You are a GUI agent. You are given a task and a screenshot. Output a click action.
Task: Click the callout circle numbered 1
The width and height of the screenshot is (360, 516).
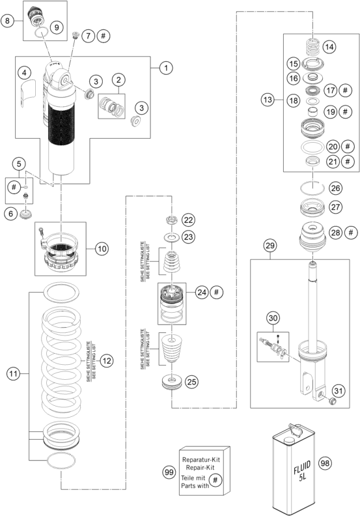[166, 68]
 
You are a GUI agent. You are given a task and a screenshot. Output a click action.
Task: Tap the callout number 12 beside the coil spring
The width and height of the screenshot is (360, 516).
[107, 361]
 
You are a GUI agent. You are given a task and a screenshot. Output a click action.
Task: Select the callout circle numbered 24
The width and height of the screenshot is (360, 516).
[202, 293]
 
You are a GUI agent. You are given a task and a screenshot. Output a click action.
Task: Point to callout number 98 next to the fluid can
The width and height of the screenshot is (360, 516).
[325, 463]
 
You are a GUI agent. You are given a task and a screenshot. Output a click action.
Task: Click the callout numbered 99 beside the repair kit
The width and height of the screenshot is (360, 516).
[169, 472]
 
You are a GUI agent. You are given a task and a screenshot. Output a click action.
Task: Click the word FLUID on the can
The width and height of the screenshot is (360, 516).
[302, 467]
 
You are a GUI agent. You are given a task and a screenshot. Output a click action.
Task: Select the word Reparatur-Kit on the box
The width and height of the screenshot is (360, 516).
[201, 460]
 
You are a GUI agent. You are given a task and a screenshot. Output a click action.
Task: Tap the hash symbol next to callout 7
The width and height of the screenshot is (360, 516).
[104, 36]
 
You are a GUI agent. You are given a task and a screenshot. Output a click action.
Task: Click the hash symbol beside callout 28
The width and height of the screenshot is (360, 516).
[351, 233]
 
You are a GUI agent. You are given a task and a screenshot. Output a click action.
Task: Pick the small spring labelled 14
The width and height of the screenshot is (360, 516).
[312, 47]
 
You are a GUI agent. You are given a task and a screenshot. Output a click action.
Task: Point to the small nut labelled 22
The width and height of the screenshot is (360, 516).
[172, 220]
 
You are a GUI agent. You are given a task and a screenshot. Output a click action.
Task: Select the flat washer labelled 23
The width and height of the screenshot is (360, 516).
[172, 236]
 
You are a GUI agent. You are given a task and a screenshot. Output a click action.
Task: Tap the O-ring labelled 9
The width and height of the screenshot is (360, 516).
[42, 33]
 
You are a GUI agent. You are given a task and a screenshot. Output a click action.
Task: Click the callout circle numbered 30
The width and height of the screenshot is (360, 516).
[273, 318]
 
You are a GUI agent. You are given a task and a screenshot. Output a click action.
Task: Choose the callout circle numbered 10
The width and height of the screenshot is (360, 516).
[102, 248]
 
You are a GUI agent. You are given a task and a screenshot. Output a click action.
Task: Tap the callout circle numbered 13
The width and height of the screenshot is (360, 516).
[268, 100]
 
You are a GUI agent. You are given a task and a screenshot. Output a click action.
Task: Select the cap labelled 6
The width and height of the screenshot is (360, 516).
[26, 215]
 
